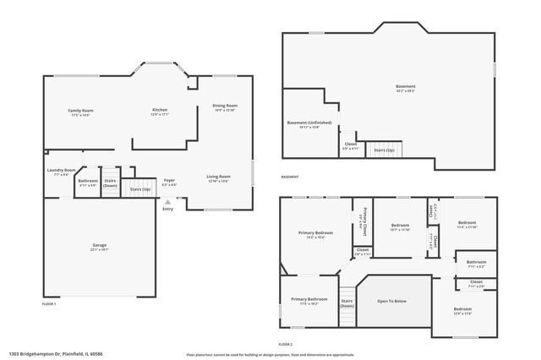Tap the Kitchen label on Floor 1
(x=159, y=111)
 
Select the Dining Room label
(x=224, y=106)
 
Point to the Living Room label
(x=218, y=177)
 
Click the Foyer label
(x=169, y=180)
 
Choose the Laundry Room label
(x=62, y=170)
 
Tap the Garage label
(x=99, y=245)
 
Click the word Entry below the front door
(x=167, y=209)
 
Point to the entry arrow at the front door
(x=167, y=201)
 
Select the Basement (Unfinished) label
(x=309, y=123)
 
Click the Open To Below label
(x=391, y=301)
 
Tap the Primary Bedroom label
(x=316, y=232)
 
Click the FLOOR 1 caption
(x=49, y=303)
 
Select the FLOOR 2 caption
(x=286, y=345)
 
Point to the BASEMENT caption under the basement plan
(x=290, y=177)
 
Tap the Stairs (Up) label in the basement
(x=384, y=149)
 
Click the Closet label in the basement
(x=350, y=145)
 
